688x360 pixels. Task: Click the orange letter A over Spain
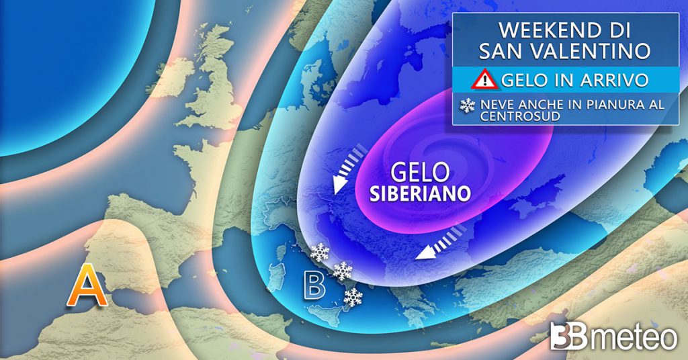(89, 287)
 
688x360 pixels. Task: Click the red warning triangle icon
(484, 81)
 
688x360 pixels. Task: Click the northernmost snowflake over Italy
(319, 253)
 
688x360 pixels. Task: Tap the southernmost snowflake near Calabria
(353, 297)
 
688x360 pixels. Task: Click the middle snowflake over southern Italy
(343, 271)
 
